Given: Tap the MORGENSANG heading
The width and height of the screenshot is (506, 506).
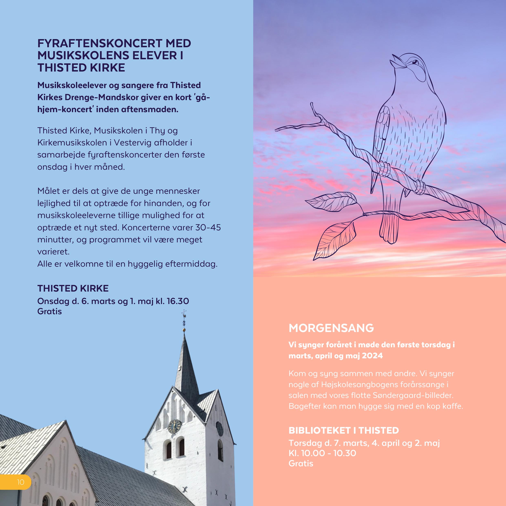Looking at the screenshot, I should (x=331, y=328).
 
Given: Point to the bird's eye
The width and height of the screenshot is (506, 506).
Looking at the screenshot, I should (x=415, y=62).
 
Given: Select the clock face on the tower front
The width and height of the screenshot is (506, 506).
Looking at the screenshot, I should (x=174, y=426).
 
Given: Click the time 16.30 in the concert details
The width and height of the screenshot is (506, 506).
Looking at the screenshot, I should (x=178, y=301).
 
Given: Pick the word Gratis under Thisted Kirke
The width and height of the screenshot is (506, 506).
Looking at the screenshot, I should (x=50, y=311).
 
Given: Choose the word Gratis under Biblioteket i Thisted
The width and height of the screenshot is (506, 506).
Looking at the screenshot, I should (x=301, y=464).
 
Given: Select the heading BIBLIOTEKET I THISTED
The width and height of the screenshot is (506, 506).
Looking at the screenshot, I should (x=344, y=430).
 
